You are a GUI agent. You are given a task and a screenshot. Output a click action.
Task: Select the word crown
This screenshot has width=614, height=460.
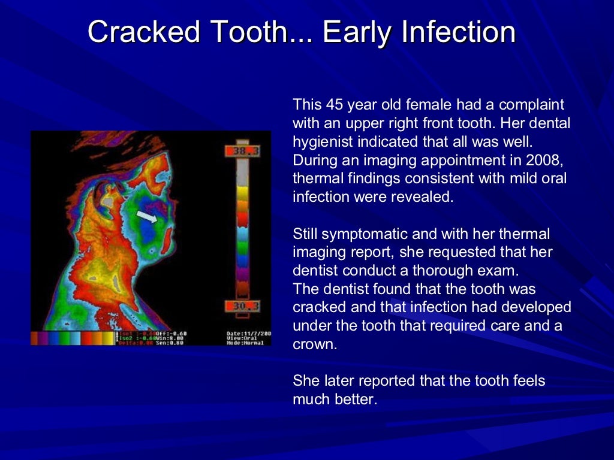(313, 345)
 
